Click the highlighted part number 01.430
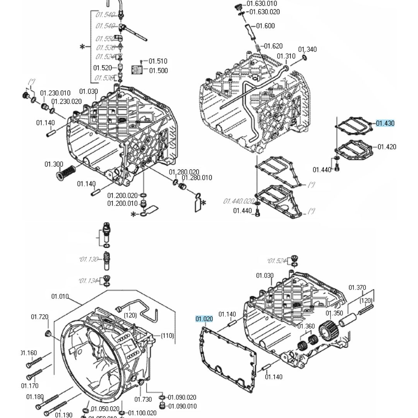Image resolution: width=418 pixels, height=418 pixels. [385, 123]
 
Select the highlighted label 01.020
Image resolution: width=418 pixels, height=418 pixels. [204, 319]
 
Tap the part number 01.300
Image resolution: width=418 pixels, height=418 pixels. [53, 164]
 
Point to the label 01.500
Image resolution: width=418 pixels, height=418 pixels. [158, 70]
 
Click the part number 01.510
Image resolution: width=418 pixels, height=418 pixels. [158, 61]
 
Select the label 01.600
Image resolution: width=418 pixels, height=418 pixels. [266, 26]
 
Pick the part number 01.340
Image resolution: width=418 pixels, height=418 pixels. [307, 49]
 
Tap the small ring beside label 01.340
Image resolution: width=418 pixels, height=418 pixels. [304, 58]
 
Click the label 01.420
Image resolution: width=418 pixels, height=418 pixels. [387, 147]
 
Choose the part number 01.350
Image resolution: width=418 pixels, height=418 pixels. [334, 313]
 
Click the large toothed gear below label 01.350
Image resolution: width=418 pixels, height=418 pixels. [328, 331]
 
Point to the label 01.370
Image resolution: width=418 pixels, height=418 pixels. [357, 288]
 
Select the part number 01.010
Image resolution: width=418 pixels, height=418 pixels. [60, 296]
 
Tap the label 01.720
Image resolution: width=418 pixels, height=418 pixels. [39, 317]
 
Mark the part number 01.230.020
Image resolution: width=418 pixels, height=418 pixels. [67, 101]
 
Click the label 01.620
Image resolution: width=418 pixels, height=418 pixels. [273, 46]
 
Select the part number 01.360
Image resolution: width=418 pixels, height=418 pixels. [306, 326]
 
